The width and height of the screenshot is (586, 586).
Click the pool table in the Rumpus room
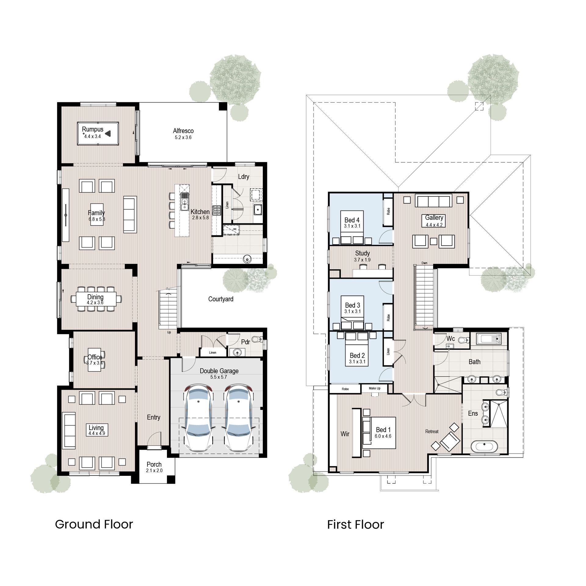tap(98, 134)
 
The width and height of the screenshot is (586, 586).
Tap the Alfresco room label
tap(183, 131)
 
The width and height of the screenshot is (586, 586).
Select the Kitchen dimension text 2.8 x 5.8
tap(200, 218)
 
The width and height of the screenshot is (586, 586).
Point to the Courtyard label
tap(221, 299)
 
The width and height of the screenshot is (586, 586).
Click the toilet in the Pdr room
tap(259, 339)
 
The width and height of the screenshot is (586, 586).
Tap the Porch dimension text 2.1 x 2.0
tap(154, 471)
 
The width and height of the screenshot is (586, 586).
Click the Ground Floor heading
tap(94, 524)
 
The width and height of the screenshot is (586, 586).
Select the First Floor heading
tap(356, 525)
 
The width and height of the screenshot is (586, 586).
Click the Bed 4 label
tap(352, 220)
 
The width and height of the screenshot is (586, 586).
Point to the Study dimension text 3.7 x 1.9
tap(362, 260)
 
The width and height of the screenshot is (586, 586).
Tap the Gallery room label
tap(434, 218)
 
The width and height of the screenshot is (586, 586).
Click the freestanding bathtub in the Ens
tap(484, 447)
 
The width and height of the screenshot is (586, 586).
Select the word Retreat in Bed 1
tap(432, 432)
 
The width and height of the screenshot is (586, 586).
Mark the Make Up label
tap(374, 389)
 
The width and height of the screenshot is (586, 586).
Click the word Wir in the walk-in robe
tap(345, 434)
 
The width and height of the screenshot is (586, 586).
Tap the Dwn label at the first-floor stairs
tap(424, 263)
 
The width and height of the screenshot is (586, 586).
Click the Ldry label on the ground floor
tap(244, 177)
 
